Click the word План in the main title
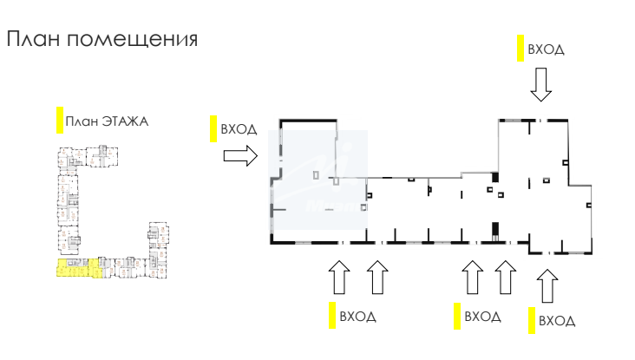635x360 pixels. (x=33, y=39)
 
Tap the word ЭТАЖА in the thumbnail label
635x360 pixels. (x=125, y=121)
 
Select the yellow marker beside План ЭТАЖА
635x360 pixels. (x=59, y=121)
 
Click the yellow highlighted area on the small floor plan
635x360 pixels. (x=69, y=268)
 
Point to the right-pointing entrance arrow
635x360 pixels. (x=240, y=155)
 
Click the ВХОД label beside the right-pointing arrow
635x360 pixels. (x=239, y=129)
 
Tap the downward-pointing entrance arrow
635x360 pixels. (x=541, y=85)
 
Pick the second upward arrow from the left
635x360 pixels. (x=376, y=279)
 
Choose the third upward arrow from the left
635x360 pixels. (x=472, y=279)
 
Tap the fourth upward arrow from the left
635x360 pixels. (x=506, y=279)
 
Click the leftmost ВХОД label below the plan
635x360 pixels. (x=358, y=317)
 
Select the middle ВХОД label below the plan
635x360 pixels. (x=483, y=317)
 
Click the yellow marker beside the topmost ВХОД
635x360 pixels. (x=520, y=48)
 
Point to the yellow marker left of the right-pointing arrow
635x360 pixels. (x=213, y=128)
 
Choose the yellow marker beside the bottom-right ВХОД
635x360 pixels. (x=531, y=319)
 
